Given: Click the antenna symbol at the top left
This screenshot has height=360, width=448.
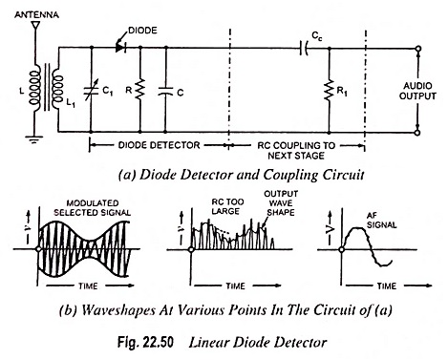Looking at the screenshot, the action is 35,26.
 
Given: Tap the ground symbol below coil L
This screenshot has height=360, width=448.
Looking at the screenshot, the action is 33,139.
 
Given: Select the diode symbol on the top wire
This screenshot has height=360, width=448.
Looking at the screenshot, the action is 120,48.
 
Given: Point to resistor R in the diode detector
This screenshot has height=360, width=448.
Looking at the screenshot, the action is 140,90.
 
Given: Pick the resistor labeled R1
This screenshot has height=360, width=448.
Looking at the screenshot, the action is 329,91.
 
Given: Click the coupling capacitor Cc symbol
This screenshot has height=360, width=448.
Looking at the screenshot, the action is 305,49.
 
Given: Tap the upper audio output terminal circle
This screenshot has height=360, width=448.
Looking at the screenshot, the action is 418,49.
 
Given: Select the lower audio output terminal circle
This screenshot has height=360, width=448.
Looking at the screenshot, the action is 418,133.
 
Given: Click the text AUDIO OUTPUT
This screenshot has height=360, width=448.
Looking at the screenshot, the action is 417,91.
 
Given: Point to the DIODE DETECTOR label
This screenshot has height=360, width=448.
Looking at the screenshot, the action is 159,145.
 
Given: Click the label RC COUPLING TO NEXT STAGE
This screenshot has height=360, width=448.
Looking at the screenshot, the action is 296,150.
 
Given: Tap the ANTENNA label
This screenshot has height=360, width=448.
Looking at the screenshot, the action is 36,14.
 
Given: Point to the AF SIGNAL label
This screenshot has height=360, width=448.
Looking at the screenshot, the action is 381,221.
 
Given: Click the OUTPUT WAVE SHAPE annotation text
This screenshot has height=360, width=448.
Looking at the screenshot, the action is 281,202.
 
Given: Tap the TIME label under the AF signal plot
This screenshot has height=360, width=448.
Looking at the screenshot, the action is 387,286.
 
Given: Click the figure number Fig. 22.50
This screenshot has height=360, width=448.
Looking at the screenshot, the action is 145,343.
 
